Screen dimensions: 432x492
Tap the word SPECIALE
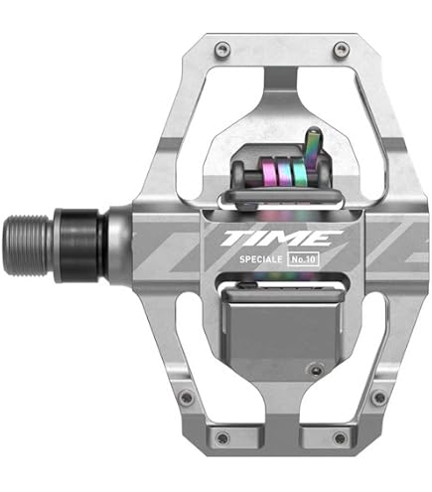click(261, 259)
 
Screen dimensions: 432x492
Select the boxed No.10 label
click(304, 259)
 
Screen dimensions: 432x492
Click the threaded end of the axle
click(28, 245)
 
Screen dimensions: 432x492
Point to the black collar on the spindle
click(80, 246)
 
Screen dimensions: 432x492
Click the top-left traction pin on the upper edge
click(222, 50)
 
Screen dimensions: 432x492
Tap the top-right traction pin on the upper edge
click(341, 50)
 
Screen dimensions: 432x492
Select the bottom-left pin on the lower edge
click(222, 437)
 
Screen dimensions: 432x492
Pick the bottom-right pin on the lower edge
click(340, 437)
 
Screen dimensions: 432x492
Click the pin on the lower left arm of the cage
click(187, 398)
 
